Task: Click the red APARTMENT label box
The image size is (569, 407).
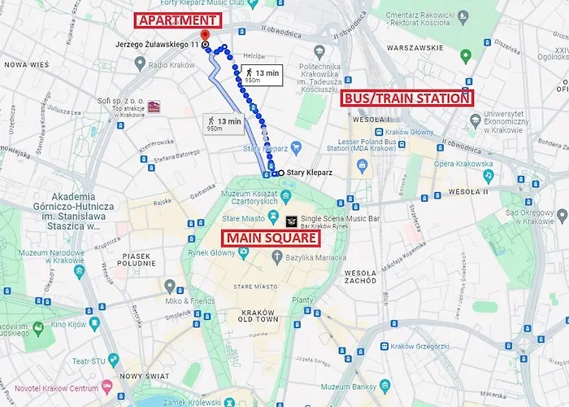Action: pos(176,20)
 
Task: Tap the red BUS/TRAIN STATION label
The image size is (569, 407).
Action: pos(406,98)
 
